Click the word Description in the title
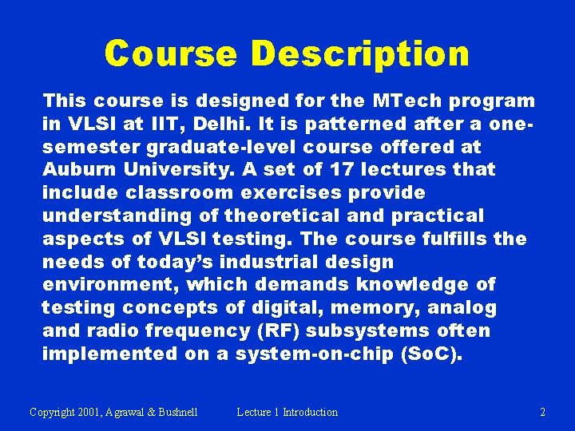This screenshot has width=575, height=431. (359, 54)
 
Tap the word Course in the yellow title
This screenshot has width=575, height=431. (171, 54)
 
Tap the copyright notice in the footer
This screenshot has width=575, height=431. (113, 413)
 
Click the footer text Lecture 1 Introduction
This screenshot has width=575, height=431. (287, 413)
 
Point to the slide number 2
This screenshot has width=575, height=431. (542, 413)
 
